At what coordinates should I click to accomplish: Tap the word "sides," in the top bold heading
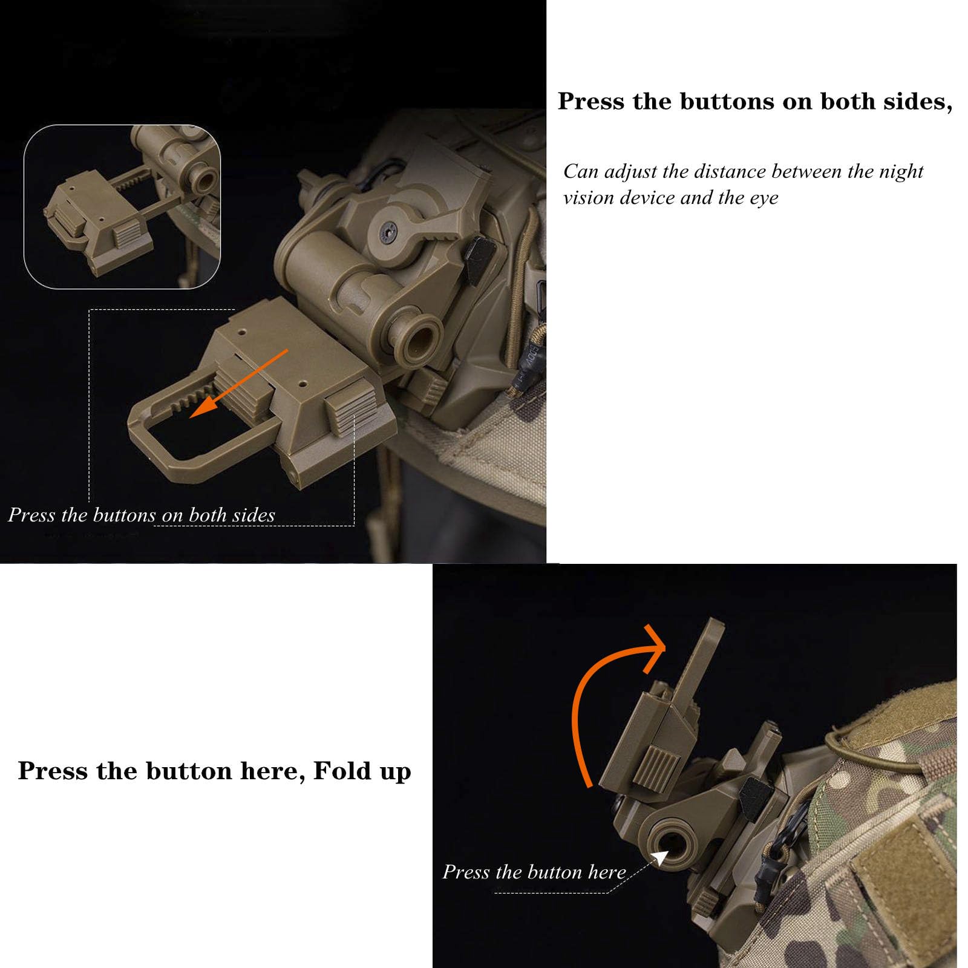tap(918, 101)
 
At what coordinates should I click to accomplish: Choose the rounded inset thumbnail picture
tap(122, 206)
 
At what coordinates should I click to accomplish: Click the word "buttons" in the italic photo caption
tap(125, 515)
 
